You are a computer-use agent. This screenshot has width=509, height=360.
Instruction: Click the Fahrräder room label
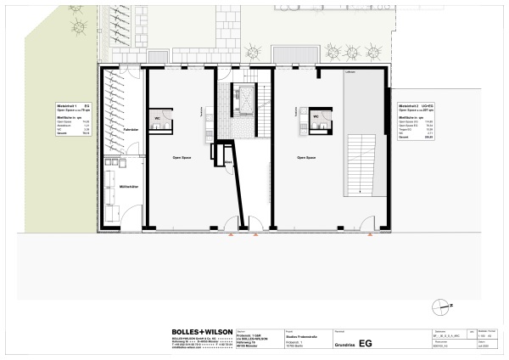131,128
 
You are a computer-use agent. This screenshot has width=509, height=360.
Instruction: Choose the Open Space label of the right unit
307,158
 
